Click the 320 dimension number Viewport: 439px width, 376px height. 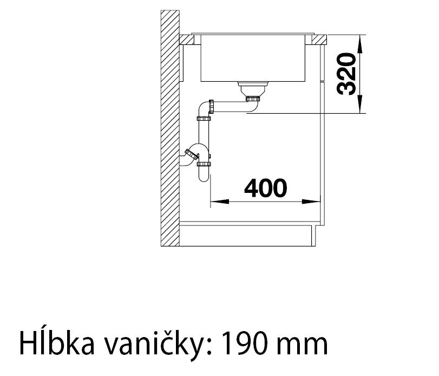point(347,74)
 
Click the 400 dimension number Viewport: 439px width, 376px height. point(265,187)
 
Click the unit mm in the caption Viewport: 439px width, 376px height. point(302,345)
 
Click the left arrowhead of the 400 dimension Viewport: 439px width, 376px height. point(219,202)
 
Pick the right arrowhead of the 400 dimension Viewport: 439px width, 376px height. point(311,202)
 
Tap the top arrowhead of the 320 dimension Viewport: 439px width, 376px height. point(360,44)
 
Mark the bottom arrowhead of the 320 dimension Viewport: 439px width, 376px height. point(360,104)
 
